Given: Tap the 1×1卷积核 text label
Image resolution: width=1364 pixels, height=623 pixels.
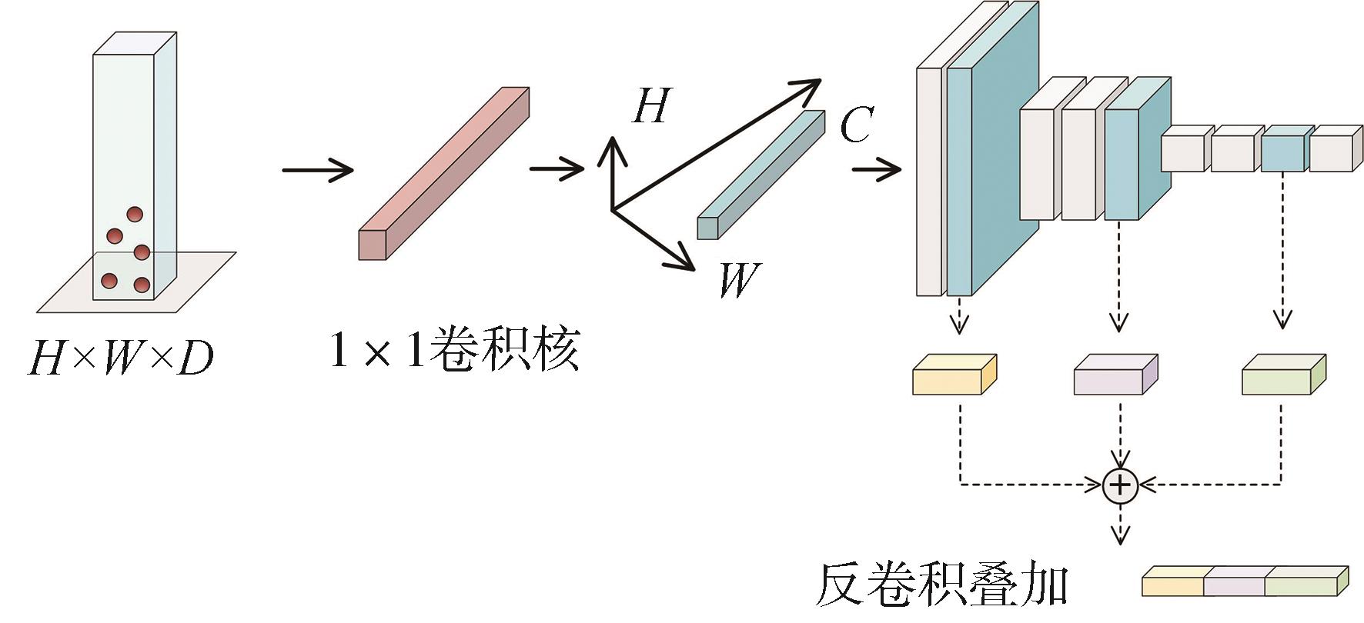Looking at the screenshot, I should pos(454,351).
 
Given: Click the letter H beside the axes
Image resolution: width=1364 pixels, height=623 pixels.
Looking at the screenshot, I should pos(651,106).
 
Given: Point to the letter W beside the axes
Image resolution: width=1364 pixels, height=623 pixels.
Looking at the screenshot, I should pos(738,280).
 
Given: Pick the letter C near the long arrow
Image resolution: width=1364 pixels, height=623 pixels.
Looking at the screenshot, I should pos(856,125).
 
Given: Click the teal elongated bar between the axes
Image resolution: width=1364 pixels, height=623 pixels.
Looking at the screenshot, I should pos(759,175).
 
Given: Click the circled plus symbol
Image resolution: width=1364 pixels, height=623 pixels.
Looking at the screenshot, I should pos(1120,485).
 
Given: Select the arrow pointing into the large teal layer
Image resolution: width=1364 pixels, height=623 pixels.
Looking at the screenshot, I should pos(876,168).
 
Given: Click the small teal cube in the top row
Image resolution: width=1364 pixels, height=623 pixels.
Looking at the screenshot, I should pos(1283,149).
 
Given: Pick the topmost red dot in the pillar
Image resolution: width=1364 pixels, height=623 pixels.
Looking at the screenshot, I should pos(135,215).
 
